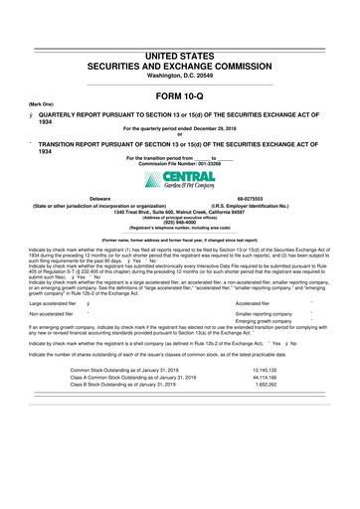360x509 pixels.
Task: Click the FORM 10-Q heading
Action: (x=179, y=95)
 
